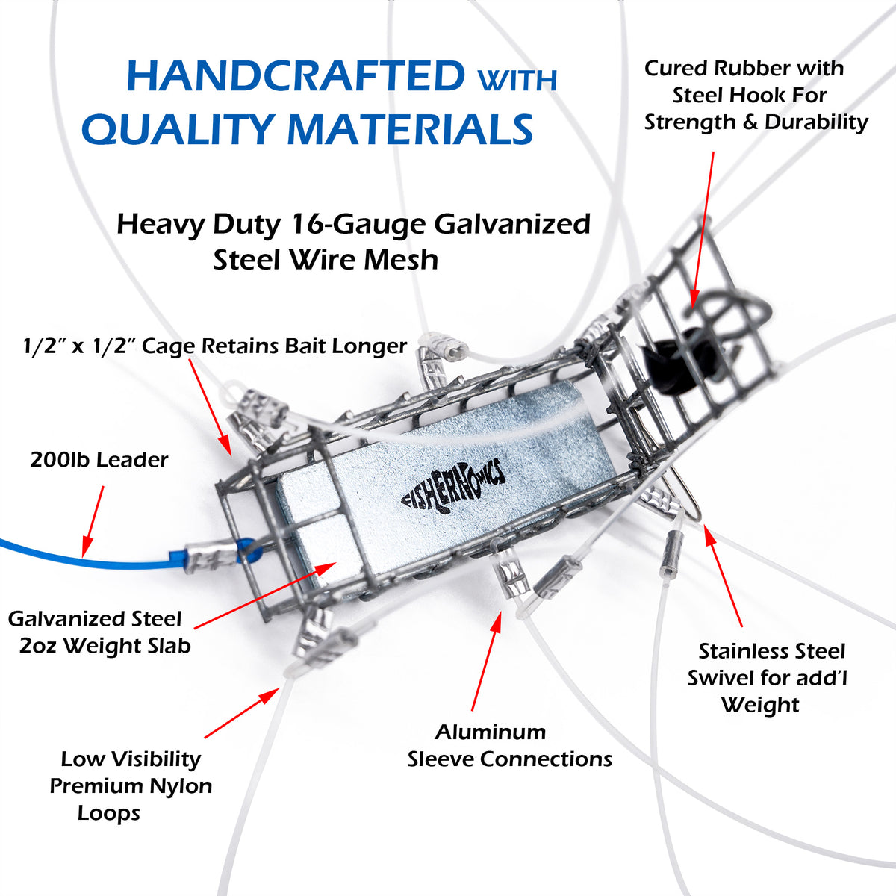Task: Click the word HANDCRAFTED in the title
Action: pos(296,76)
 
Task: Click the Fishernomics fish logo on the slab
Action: pos(453,488)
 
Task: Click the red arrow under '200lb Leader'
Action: pos(93,521)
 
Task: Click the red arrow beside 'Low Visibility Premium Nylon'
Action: pos(242,713)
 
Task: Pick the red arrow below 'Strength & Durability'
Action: pos(702,229)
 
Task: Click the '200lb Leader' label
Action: pos(99,460)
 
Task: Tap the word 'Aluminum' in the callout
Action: pos(490,732)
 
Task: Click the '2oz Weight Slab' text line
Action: pos(105,646)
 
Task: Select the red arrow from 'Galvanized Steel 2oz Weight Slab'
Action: pos(265,595)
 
